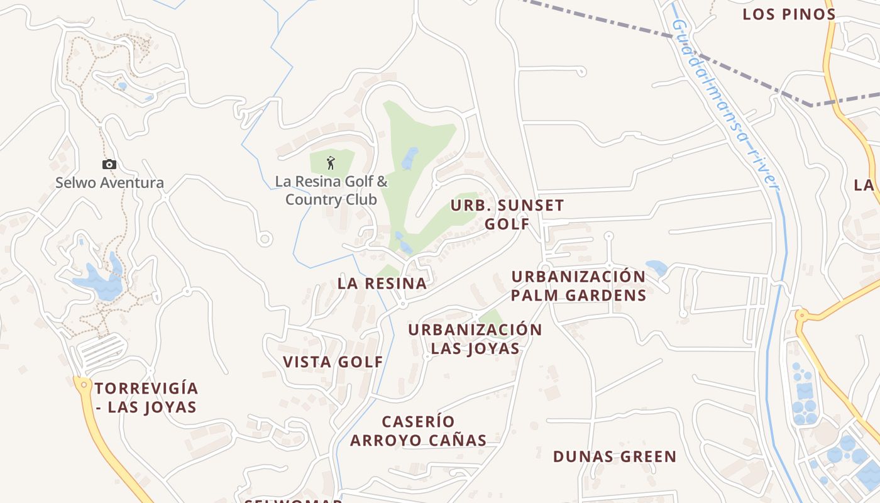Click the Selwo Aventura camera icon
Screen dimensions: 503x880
click(109, 165)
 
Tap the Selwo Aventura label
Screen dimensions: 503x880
click(109, 183)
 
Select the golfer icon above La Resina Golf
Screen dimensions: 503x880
click(331, 163)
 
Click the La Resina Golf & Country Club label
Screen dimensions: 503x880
click(331, 191)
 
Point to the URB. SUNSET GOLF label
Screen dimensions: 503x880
click(507, 214)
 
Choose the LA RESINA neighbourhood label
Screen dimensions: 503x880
click(382, 284)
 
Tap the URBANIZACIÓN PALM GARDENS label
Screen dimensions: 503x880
click(578, 286)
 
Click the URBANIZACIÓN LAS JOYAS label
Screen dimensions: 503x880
click(475, 340)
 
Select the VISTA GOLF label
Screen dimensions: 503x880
click(333, 362)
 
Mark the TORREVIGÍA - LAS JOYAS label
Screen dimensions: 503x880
click(146, 397)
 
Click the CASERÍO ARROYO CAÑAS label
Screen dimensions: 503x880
click(419, 431)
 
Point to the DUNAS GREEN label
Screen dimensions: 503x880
click(615, 456)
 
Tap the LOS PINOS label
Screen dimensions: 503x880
click(789, 14)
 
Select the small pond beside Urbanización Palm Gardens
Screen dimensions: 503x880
click(657, 267)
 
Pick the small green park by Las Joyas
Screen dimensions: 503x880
click(492, 319)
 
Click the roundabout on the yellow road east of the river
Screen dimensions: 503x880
click(801, 316)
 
